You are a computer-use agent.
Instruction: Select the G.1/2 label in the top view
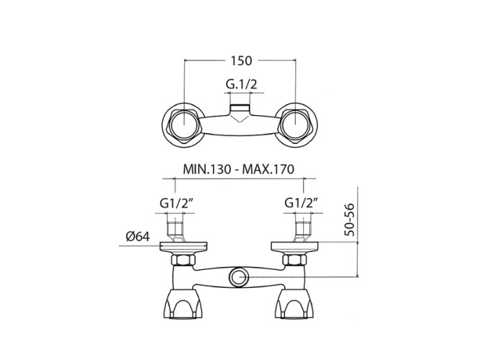(x=240, y=86)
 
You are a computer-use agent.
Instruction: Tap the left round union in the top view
(x=185, y=127)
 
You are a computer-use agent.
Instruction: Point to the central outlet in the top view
(x=240, y=114)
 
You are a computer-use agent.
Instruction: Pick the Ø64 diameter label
(x=136, y=235)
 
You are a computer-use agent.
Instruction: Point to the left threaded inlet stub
(x=178, y=232)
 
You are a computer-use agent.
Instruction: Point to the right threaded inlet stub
(x=302, y=232)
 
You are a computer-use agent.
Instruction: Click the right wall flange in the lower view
(x=296, y=248)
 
